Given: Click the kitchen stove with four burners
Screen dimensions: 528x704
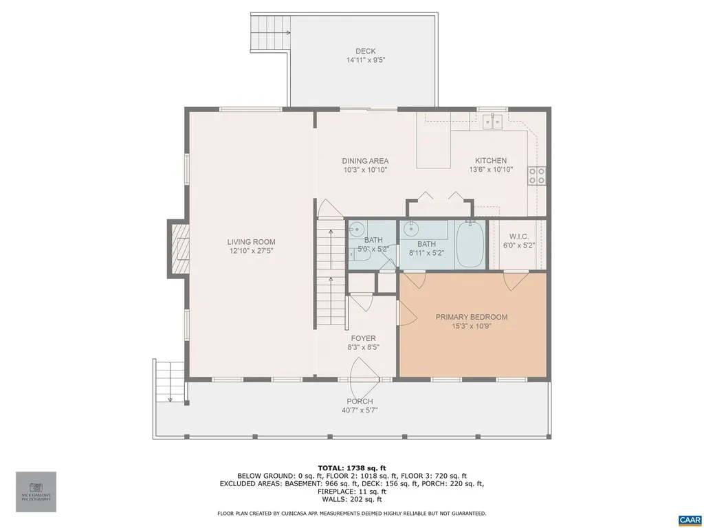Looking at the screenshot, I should pos(537,176).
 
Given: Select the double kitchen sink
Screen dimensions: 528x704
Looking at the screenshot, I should pos(492,122).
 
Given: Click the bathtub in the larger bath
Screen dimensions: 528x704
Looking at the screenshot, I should pos(470,244).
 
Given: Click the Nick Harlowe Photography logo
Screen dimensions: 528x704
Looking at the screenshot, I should pos(36,491).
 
